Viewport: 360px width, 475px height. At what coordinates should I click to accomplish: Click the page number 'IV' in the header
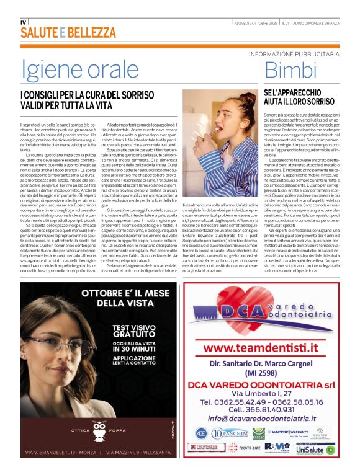[x=24, y=22]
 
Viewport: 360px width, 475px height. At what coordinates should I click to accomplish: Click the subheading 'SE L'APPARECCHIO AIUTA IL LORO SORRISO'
[x=290, y=96]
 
